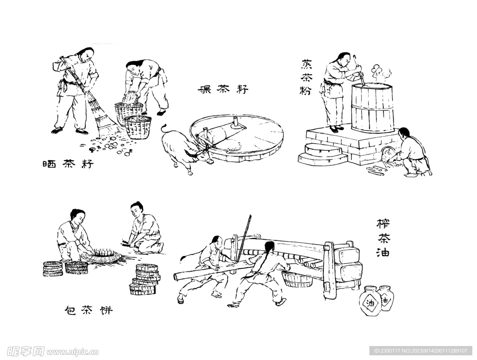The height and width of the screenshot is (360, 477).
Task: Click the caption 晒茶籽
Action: point(68,164)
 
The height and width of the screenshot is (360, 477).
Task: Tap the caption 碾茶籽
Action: point(223,90)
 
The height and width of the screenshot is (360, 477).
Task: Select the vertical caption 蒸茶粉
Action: point(306,77)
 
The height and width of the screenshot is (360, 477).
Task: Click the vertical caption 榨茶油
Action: point(383,238)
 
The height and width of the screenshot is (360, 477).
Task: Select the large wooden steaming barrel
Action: point(372,108)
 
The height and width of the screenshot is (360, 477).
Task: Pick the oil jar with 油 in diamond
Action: point(370,302)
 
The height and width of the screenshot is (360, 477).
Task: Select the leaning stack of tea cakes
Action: point(144,279)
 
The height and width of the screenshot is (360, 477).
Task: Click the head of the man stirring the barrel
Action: point(344,60)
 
